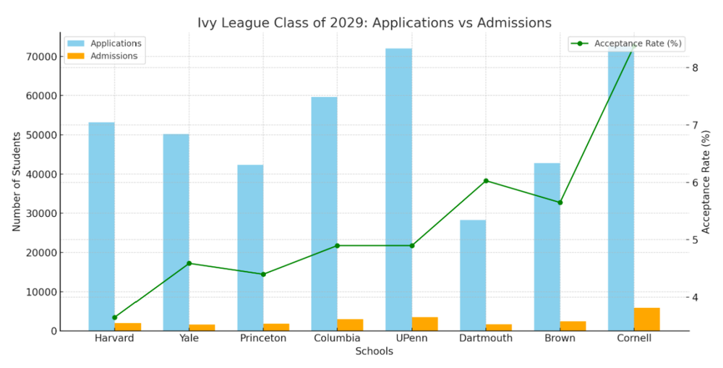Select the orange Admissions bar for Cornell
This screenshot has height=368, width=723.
[x=647, y=319]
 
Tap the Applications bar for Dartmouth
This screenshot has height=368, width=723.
[x=473, y=275]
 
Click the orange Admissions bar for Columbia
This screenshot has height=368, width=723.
[x=350, y=325]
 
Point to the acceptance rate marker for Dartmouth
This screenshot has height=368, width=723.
[x=486, y=181]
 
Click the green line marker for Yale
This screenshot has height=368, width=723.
[x=189, y=263]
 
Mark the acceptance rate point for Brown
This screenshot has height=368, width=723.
[x=560, y=202]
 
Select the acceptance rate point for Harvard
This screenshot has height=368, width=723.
[x=114, y=317]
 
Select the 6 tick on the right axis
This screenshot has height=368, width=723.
[x=694, y=182]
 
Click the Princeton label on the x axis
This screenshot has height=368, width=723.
[x=263, y=338]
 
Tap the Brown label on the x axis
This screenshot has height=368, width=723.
[x=560, y=338]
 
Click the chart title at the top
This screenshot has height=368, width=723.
[x=375, y=22]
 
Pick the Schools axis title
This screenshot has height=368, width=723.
[x=375, y=351]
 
